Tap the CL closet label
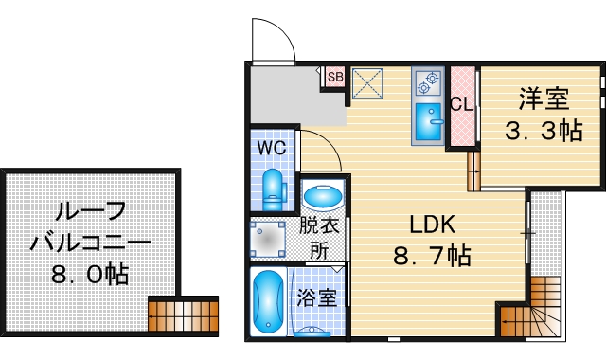(462, 104)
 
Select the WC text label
(273, 149)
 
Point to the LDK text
(433, 225)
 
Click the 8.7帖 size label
(432, 255)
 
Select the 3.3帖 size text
(543, 131)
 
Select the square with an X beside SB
(366, 83)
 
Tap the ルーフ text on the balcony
(92, 213)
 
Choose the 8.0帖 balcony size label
(91, 276)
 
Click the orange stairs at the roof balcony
(183, 315)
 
